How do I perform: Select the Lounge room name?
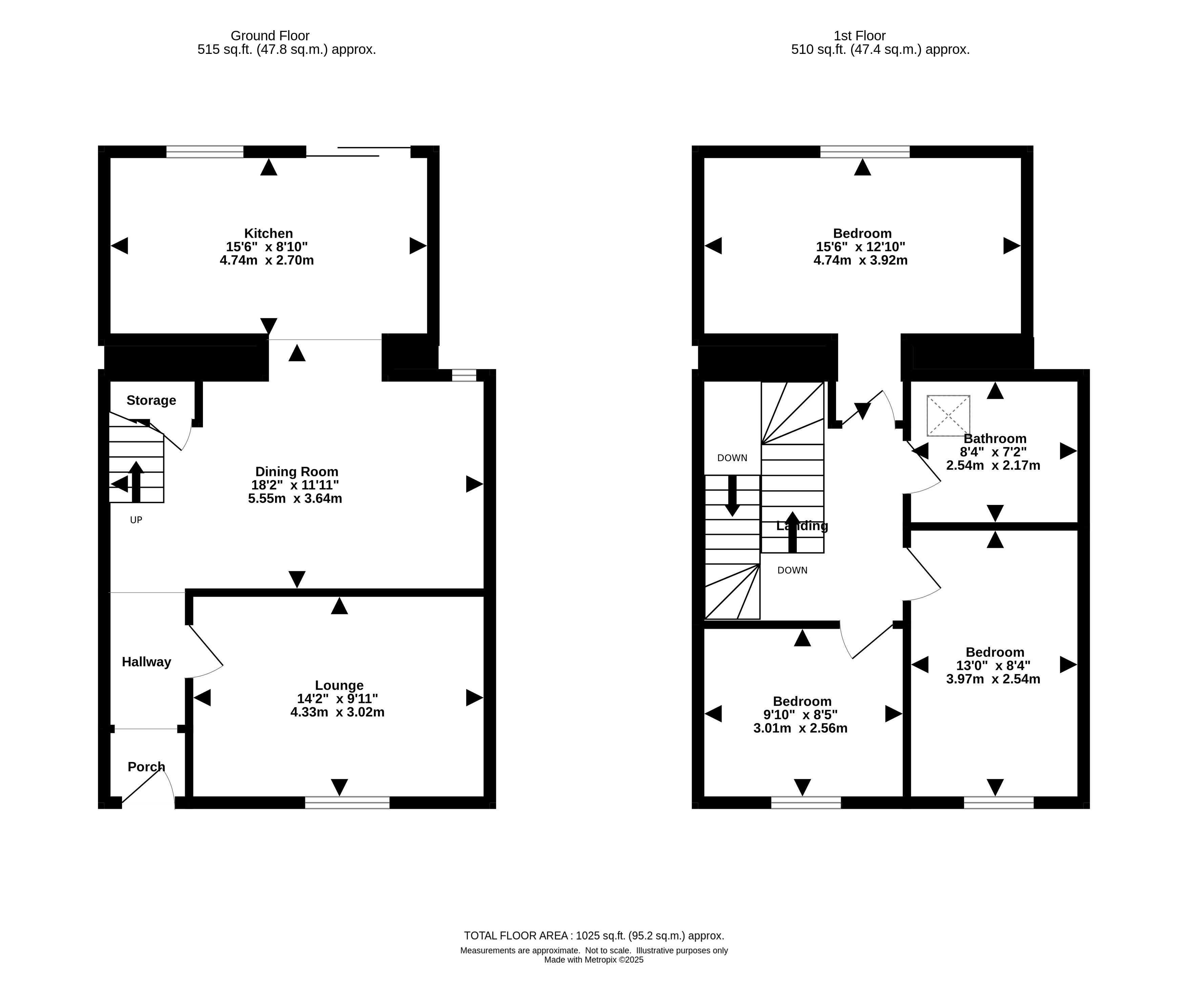pyautogui.click(x=339, y=686)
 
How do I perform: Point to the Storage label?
pyautogui.click(x=151, y=401)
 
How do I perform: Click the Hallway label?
pyautogui.click(x=147, y=662)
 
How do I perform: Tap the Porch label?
pyautogui.click(x=147, y=767)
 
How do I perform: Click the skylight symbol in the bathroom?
pyautogui.click(x=949, y=416)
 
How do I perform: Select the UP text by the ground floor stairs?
pyautogui.click(x=136, y=520)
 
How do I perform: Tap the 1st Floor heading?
pyautogui.click(x=860, y=36)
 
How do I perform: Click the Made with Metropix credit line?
pyautogui.click(x=594, y=960)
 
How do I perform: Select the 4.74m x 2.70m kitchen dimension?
pyautogui.click(x=267, y=260)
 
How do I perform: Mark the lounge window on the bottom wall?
pyautogui.click(x=348, y=803)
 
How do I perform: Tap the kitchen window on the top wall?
pyautogui.click(x=205, y=152)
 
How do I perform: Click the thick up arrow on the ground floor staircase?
pyautogui.click(x=136, y=482)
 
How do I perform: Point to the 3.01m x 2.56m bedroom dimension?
pyautogui.click(x=801, y=728)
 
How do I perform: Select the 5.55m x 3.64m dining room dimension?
pyautogui.click(x=295, y=499)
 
